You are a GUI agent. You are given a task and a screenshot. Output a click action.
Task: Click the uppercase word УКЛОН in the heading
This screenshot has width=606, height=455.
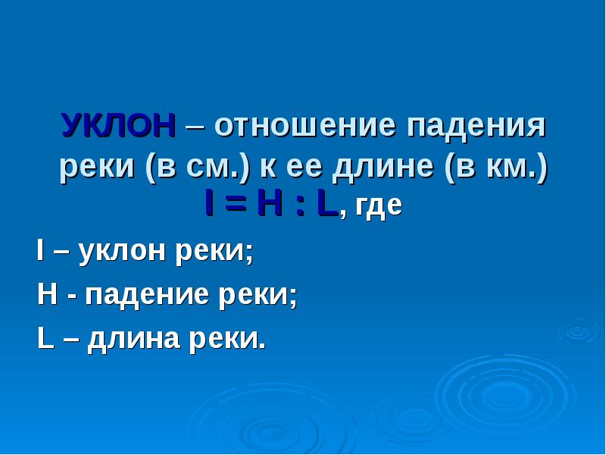click(119, 126)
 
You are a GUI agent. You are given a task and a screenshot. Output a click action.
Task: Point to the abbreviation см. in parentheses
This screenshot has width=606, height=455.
click(217, 167)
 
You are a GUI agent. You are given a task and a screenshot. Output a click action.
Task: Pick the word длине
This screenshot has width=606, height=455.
click(376, 167)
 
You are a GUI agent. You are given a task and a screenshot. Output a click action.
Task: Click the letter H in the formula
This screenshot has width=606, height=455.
click(267, 206)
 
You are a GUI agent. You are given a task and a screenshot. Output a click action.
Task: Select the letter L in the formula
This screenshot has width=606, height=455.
click(326, 206)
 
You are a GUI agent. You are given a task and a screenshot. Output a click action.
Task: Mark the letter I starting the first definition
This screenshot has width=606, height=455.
click(40, 250)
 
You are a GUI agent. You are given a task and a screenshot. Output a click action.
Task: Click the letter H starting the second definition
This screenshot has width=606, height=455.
click(45, 294)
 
